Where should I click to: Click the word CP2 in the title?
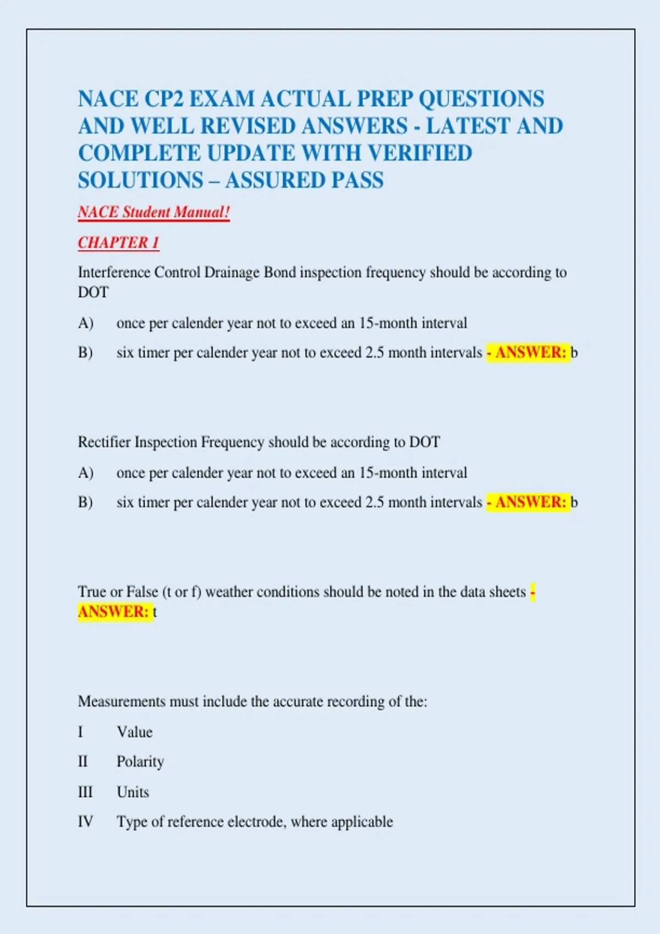(x=163, y=99)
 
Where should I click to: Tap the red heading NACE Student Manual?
(x=153, y=213)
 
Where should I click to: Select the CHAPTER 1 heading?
(x=118, y=242)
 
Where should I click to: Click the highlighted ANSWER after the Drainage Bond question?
(x=530, y=352)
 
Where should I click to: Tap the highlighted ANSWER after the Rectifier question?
(x=530, y=502)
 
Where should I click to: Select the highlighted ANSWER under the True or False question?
(x=113, y=611)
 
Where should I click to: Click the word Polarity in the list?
(x=140, y=762)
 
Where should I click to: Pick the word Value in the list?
(x=134, y=732)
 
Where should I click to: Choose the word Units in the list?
(x=133, y=792)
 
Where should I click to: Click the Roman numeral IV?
(x=85, y=822)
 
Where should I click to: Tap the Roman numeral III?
(x=85, y=792)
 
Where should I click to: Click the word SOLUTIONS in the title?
(x=141, y=181)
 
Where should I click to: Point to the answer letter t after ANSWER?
(x=155, y=612)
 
